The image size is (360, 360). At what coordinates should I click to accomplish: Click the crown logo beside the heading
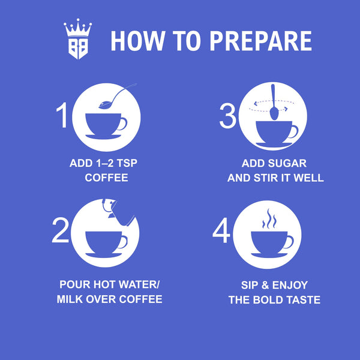78,39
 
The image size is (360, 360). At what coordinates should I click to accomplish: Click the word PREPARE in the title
261,41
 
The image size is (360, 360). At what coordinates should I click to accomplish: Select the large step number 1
62,115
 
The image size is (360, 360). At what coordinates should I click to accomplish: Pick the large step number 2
61,230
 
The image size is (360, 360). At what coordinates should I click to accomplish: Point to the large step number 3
228,115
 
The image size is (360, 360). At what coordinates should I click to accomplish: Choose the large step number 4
221,230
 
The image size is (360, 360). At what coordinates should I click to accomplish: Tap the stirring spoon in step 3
274,102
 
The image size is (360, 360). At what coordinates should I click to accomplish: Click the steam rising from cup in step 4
269,218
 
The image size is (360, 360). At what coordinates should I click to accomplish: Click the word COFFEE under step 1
106,178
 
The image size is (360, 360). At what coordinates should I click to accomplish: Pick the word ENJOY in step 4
290,286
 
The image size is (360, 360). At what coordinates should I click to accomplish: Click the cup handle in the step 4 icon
289,242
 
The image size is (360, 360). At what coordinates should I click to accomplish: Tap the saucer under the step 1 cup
103,137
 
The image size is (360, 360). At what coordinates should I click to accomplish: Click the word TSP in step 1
127,163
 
